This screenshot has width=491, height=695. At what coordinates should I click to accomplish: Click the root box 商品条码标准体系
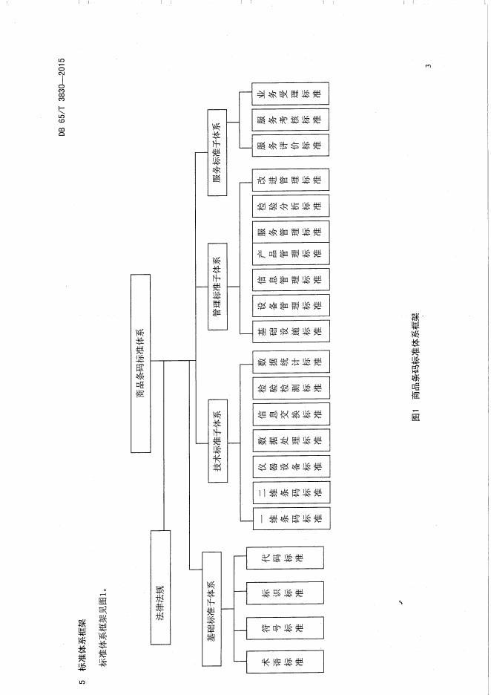[140, 363]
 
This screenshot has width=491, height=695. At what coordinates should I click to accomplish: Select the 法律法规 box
[160, 587]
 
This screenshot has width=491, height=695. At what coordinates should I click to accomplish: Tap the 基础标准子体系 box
[211, 609]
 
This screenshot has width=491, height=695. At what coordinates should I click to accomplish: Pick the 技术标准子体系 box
[218, 440]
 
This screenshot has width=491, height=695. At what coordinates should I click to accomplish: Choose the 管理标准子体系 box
[218, 287]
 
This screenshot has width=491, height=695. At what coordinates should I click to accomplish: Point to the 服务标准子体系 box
[217, 152]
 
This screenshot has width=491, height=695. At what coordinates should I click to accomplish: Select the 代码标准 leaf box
[285, 558]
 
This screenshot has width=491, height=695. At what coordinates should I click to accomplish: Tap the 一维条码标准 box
[291, 518]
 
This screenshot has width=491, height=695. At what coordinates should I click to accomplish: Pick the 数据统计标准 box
[291, 362]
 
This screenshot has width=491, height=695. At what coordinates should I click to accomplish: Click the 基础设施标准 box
[291, 331]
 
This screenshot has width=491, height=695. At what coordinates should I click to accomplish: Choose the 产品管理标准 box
[291, 253]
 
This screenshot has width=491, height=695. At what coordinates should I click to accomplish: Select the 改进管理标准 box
[291, 180]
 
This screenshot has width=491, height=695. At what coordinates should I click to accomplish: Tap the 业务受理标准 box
[291, 94]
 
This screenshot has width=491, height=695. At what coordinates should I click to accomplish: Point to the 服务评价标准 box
[291, 145]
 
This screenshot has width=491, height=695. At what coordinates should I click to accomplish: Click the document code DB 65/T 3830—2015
[62, 97]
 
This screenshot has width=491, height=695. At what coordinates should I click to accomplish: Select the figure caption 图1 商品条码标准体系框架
[415, 367]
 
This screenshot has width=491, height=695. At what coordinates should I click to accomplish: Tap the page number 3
[428, 66]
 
